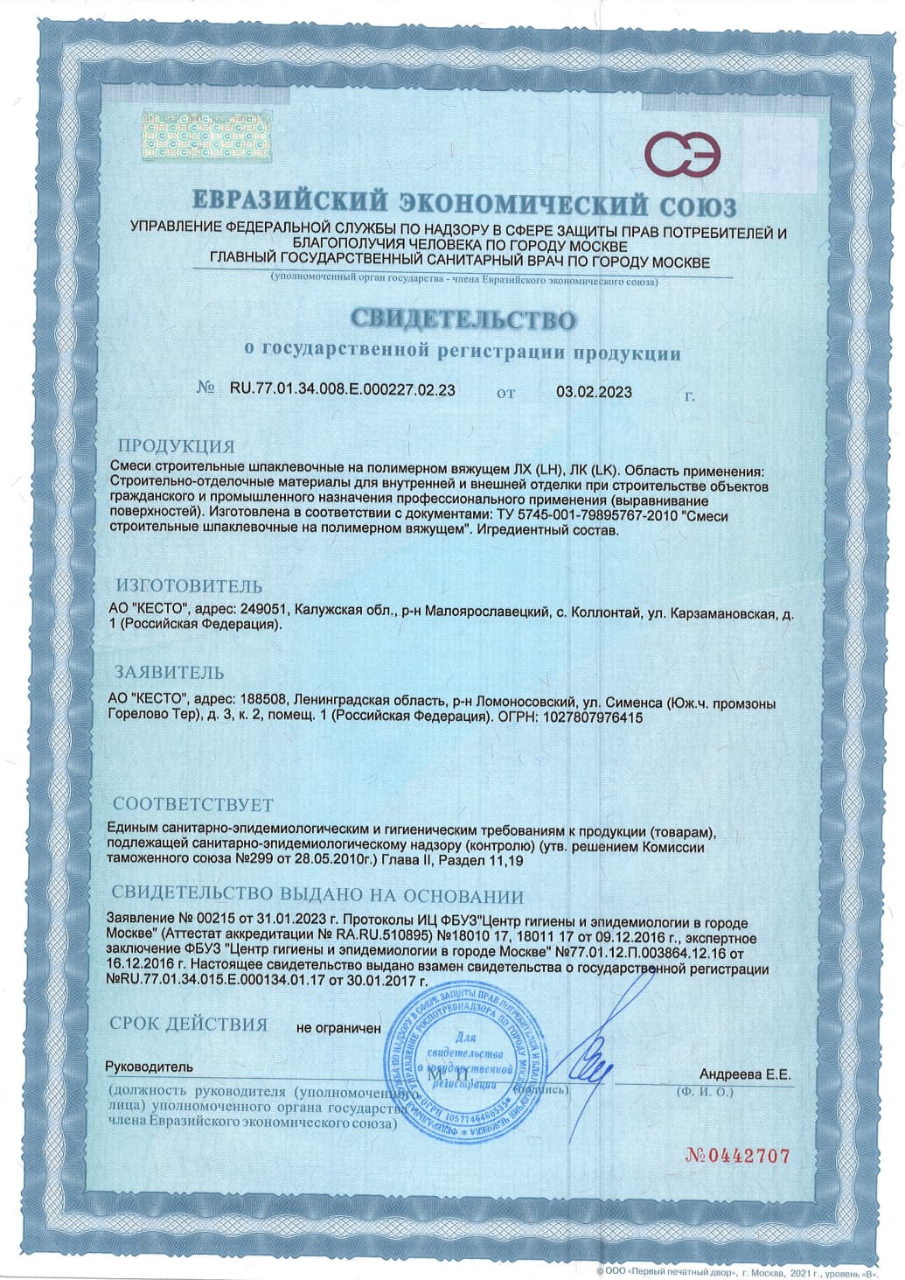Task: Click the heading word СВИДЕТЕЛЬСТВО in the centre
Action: [464, 319]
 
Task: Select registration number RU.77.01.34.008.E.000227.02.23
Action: [342, 391]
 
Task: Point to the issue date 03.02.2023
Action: [594, 392]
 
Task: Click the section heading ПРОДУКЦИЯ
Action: [177, 445]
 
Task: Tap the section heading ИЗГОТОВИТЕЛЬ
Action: [190, 585]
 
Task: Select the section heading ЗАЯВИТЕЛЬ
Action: [171, 673]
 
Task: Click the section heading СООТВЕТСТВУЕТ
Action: [194, 804]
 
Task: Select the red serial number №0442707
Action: [739, 1156]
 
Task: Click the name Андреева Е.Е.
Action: [745, 1074]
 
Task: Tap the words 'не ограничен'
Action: [338, 1028]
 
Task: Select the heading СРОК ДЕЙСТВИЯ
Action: [189, 1024]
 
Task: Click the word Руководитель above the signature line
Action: [149, 1067]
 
